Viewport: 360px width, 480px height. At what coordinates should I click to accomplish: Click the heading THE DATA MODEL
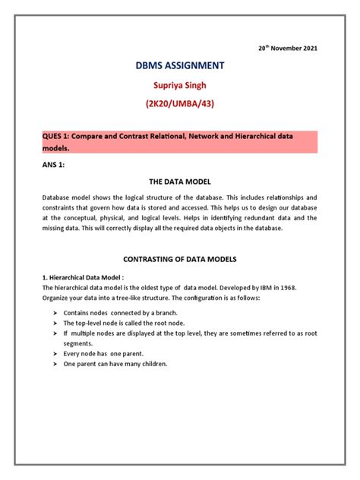179,182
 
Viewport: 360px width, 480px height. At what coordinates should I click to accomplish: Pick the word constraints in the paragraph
61,207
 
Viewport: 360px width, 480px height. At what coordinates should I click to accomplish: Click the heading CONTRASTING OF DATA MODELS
179,259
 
